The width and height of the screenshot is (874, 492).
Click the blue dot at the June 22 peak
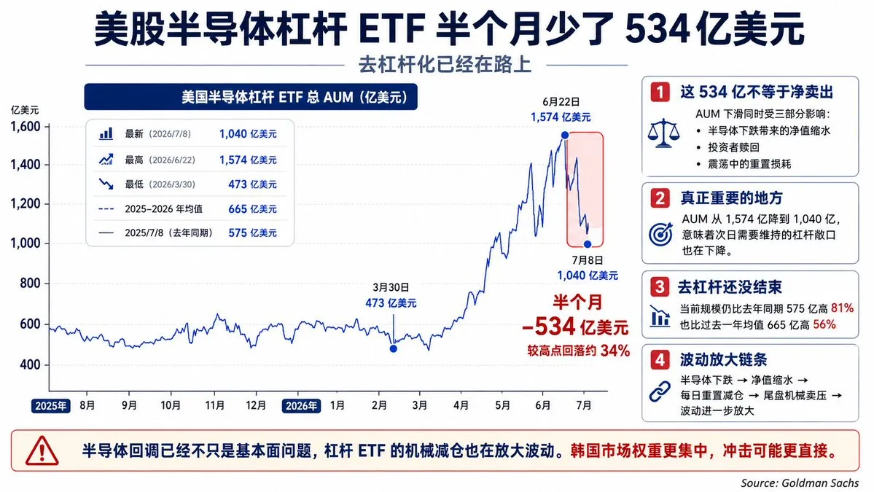(565, 135)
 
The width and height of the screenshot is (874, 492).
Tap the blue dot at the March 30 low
(394, 349)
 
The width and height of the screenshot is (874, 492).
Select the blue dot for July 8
(588, 244)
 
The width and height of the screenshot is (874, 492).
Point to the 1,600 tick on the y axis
(26, 127)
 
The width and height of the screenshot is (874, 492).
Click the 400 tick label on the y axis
(30, 365)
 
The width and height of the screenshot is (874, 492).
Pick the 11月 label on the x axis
(214, 405)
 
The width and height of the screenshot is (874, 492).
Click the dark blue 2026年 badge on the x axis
(301, 406)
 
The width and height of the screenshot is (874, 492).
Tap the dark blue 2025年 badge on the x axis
(50, 406)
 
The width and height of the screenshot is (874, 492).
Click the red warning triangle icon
(42, 450)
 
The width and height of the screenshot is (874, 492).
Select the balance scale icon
(663, 133)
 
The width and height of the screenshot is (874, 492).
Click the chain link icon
(660, 391)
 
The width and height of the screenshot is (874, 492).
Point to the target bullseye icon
(660, 234)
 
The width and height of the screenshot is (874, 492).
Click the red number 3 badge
(660, 287)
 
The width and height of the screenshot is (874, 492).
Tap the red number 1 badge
(660, 91)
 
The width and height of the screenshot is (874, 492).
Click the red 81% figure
(842, 308)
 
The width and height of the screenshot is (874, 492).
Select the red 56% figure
(824, 324)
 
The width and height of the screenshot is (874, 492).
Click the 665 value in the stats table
(238, 209)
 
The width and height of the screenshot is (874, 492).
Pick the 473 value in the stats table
(238, 184)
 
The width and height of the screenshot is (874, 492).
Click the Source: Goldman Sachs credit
(800, 483)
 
